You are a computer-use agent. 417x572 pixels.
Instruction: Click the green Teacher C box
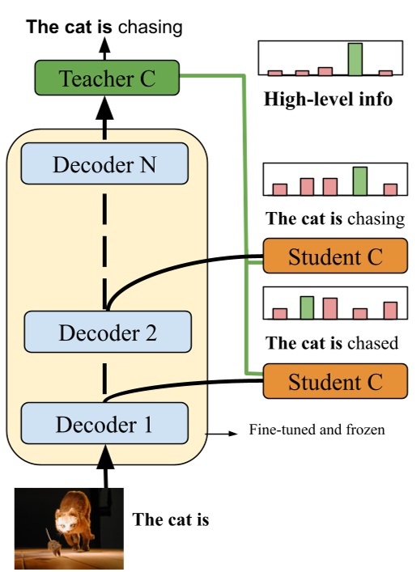tap(105, 79)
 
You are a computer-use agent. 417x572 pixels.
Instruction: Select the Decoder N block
tap(104, 165)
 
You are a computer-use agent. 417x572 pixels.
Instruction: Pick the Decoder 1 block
tap(104, 422)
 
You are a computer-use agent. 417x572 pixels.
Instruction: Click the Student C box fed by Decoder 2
tap(335, 257)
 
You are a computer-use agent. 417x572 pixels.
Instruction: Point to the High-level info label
tap(328, 101)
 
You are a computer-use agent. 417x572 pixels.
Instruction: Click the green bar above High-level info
tap(354, 59)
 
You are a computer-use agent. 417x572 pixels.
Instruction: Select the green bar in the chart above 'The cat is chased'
tap(307, 307)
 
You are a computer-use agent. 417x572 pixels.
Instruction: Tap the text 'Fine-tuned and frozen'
tap(317, 430)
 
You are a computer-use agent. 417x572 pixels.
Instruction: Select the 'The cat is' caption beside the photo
tap(171, 519)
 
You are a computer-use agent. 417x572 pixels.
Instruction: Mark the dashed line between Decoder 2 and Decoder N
tap(104, 243)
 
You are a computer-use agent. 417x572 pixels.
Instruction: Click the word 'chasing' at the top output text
tap(150, 28)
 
